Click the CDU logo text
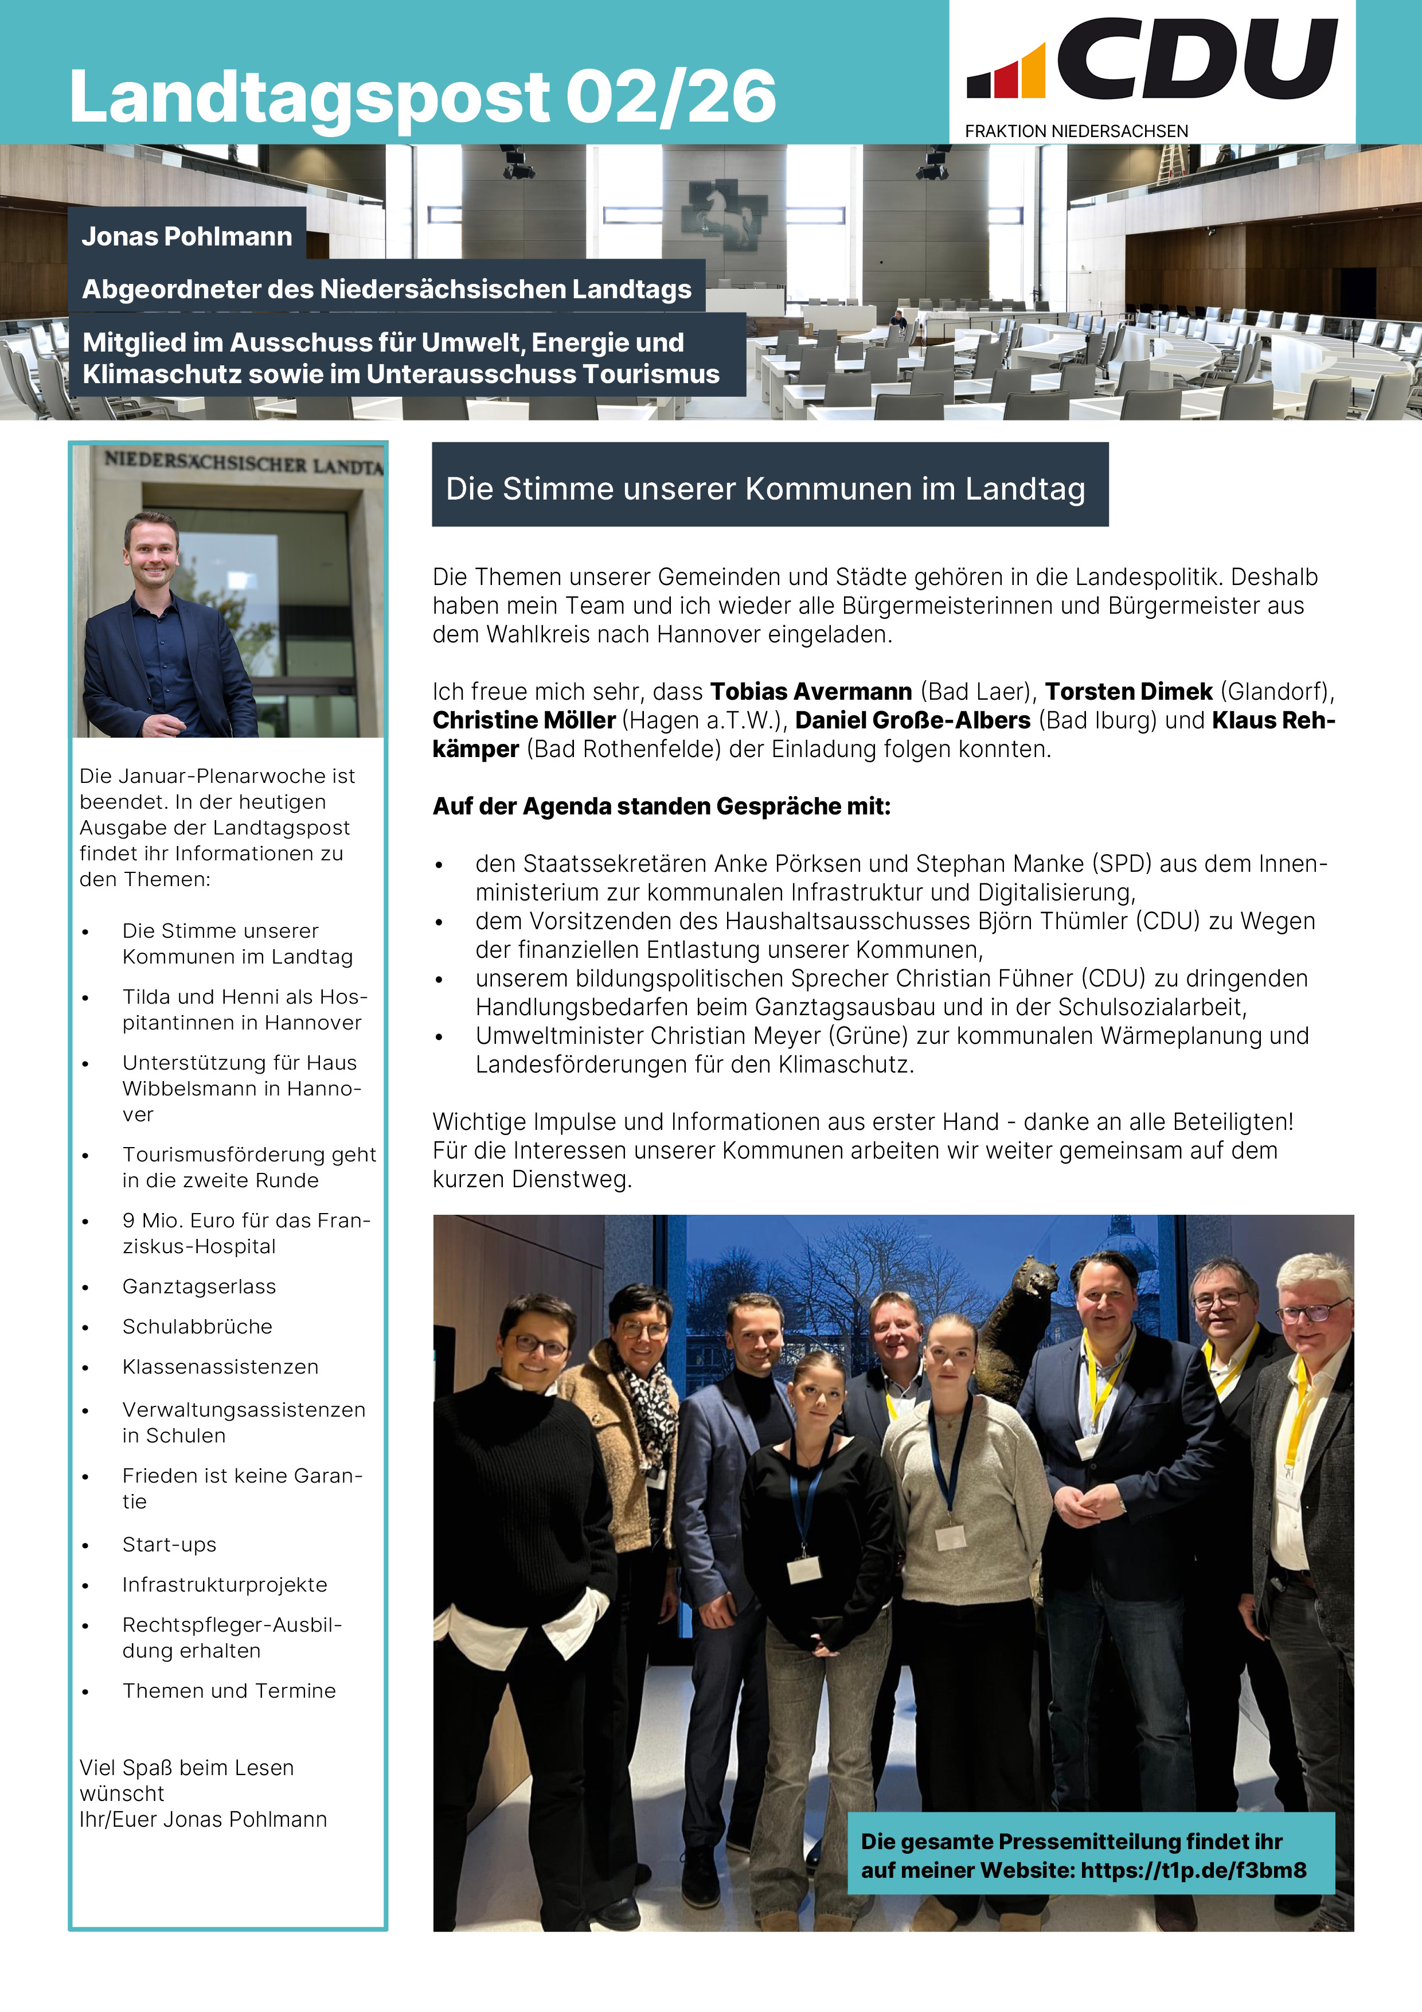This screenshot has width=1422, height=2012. click(1196, 60)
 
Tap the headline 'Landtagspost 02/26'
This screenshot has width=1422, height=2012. click(423, 96)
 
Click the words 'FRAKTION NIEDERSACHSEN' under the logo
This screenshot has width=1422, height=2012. click(1076, 131)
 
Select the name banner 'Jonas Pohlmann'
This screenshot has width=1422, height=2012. click(186, 237)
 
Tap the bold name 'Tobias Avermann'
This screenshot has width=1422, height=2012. click(810, 691)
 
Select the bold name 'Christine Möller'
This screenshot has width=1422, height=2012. click(524, 720)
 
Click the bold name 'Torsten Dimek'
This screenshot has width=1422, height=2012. click(1128, 691)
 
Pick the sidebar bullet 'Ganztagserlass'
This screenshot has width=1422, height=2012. click(199, 1286)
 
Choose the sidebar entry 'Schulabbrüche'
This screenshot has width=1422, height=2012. click(197, 1327)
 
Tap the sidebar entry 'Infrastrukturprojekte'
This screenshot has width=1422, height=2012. click(224, 1584)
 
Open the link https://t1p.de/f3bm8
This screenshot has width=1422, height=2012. click(1193, 1870)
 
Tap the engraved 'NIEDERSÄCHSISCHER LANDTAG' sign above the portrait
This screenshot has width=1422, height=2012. click(243, 463)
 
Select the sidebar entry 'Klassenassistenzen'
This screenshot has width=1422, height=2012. click(220, 1367)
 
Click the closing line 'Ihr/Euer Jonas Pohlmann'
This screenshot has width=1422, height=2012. click(204, 1819)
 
